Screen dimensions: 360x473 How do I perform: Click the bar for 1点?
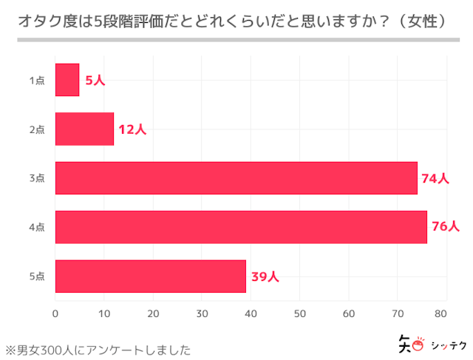67,80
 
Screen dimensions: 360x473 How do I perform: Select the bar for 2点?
84,129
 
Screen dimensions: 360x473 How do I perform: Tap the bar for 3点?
236,178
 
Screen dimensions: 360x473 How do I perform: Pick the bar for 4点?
241,227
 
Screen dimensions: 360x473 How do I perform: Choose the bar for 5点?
150,276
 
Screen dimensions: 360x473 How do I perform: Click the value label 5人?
95,80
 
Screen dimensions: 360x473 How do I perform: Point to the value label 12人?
132,129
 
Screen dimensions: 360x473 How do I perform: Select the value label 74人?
435,178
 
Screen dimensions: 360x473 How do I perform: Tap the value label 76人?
445,227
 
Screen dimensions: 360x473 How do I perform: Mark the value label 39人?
265,276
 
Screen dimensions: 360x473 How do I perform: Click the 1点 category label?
37,80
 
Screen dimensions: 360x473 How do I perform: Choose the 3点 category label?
37,178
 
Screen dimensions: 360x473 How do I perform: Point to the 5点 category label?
37,276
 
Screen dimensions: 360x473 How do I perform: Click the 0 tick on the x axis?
55,313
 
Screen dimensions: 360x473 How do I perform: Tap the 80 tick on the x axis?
441,313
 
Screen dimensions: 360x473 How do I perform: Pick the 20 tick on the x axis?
153,313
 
